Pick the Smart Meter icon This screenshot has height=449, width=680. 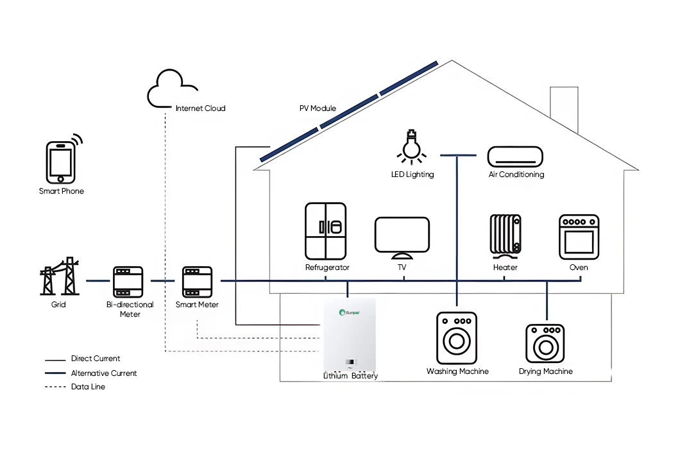[198, 281]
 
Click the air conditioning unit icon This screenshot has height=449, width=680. [514, 157]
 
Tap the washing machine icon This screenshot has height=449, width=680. [457, 339]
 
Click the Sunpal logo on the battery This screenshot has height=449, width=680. [352, 312]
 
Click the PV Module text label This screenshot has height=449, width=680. [318, 108]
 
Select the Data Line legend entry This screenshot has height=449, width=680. [88, 387]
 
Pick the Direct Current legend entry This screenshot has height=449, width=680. [95, 359]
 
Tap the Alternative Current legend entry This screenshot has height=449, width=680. [103, 373]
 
